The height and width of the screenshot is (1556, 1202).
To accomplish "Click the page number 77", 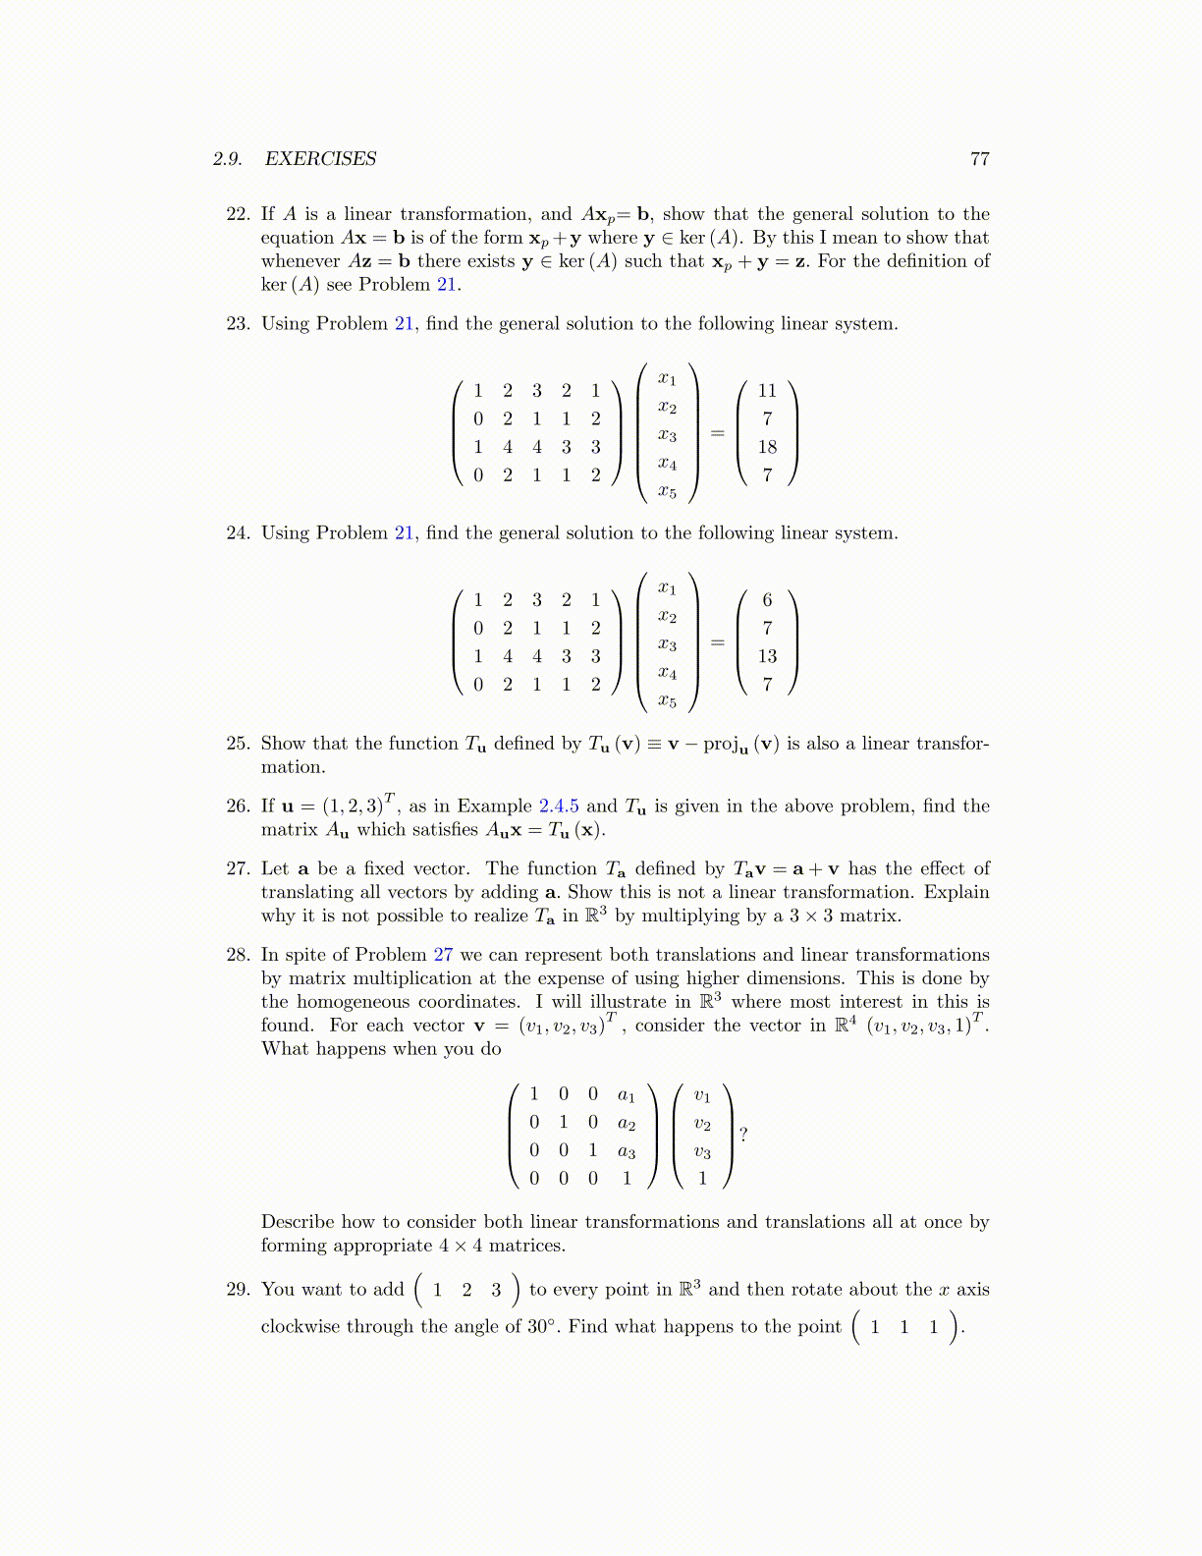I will (x=979, y=159).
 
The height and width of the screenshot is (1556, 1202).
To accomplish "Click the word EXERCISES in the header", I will (x=320, y=159).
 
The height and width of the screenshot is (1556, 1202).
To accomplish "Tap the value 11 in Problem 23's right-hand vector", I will (x=767, y=391).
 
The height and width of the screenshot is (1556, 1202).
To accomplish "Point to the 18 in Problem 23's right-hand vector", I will (x=767, y=447).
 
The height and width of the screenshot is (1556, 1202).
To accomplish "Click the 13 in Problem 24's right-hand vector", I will (x=767, y=656).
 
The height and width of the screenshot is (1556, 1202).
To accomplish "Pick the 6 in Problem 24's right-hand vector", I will (x=767, y=600).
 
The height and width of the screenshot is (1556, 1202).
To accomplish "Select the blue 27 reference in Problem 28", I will (x=443, y=955).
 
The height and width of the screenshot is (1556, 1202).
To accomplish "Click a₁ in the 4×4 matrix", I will (x=627, y=1095).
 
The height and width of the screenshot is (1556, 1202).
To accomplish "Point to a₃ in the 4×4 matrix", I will (x=627, y=1151).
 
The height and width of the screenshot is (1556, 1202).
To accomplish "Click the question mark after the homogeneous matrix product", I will (x=743, y=1136).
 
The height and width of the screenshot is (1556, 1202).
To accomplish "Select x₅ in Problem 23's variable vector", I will (x=668, y=492).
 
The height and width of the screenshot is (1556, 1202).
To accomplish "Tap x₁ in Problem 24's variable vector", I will (x=668, y=588).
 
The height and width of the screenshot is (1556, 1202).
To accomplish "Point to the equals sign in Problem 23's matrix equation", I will (x=718, y=433).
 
